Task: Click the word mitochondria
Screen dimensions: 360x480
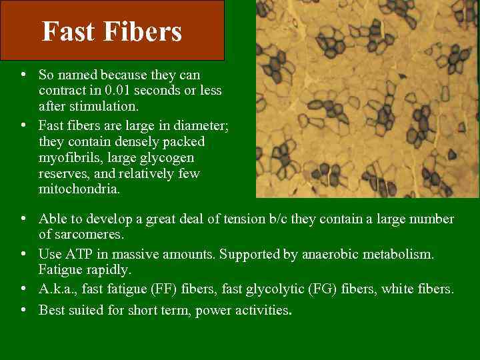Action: (x=79, y=189)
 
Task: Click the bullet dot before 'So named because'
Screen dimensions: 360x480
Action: (x=23, y=74)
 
